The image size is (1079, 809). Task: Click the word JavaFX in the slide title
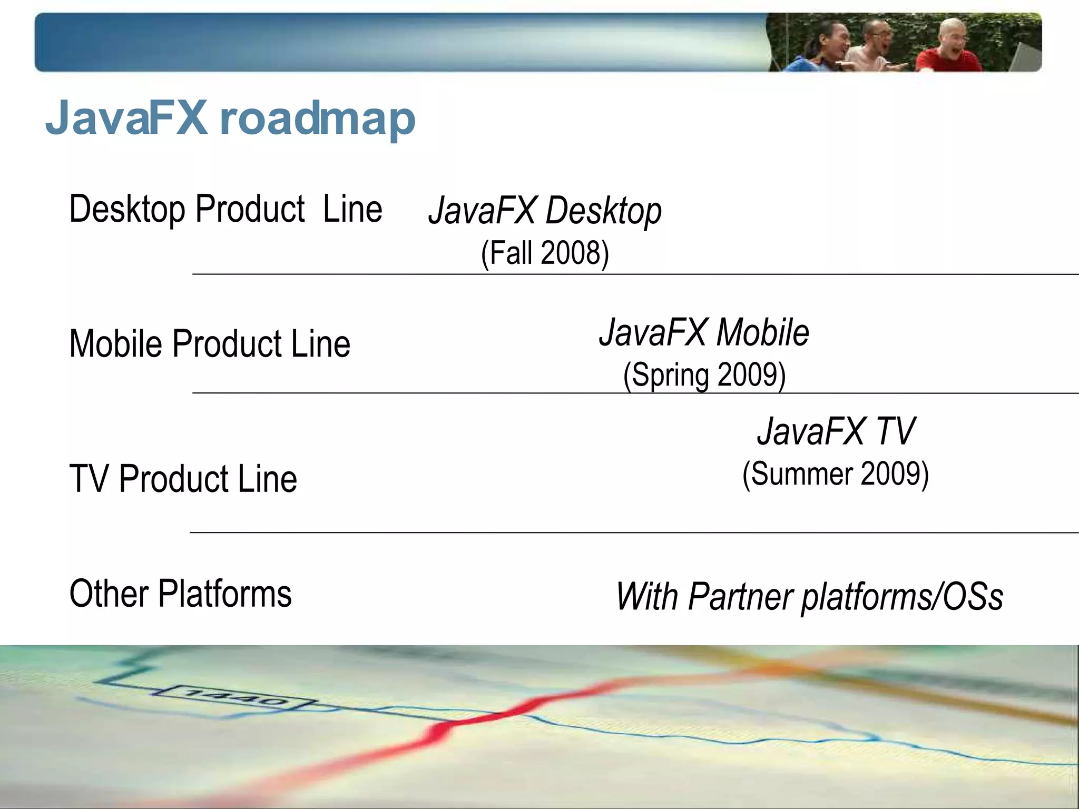126,118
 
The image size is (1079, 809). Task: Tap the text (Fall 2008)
545,253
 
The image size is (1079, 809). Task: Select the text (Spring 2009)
704,376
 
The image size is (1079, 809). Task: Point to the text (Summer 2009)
835,474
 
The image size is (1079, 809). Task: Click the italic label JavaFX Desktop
545,211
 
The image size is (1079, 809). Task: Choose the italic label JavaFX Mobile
704,333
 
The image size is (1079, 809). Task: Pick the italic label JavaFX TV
836,431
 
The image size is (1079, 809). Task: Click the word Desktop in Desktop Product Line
127,210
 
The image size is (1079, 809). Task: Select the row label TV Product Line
183,479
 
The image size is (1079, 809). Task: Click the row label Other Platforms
180,594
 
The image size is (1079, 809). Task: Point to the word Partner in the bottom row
740,597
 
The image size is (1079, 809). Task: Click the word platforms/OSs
902,597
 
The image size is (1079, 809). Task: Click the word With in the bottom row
647,597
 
